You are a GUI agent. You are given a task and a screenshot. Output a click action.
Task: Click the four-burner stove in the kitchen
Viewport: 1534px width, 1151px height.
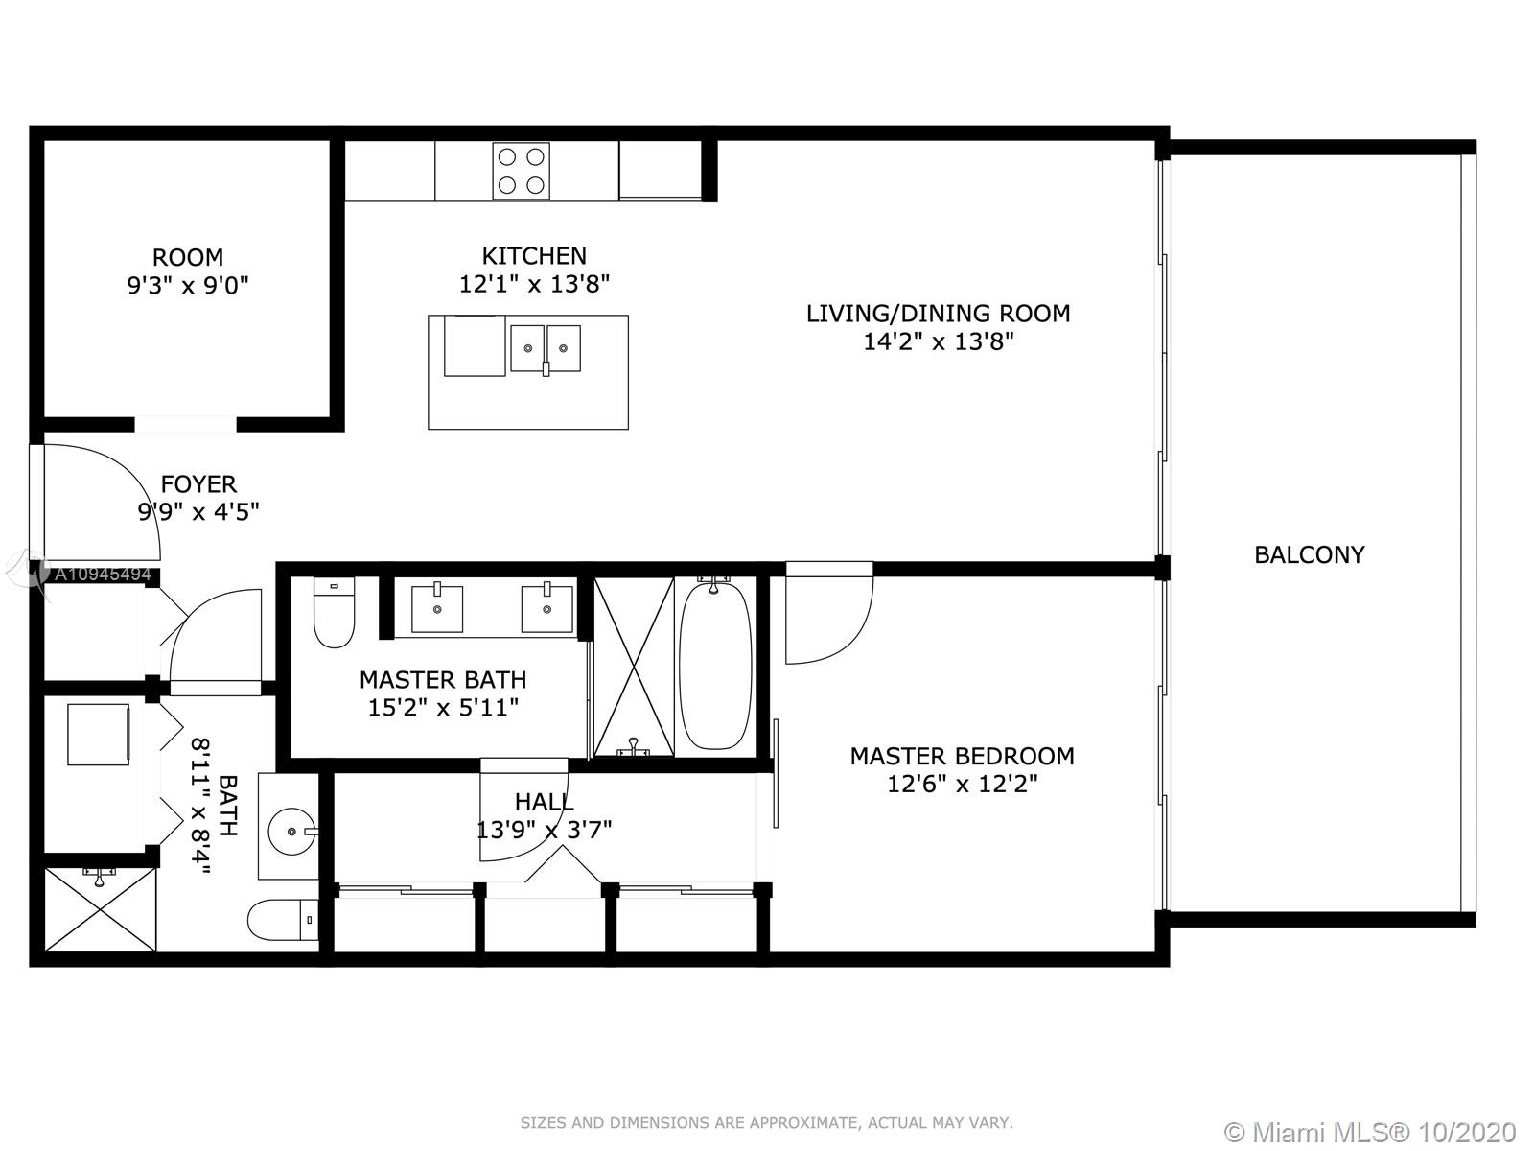521,172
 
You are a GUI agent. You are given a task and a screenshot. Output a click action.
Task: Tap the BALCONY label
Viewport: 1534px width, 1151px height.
1309,555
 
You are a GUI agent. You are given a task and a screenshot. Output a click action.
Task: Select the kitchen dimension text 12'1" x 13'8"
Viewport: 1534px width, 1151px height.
534,285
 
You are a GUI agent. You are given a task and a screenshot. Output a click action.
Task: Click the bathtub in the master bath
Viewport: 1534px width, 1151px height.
715,666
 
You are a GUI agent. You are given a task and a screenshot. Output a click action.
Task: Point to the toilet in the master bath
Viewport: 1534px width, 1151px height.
334,612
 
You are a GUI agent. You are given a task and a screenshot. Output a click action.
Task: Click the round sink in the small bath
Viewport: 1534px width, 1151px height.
292,832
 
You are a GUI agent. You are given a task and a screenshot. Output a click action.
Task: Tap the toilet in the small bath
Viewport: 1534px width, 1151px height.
283,920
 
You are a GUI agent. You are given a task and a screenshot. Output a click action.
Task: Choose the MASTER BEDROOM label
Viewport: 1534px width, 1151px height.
962,756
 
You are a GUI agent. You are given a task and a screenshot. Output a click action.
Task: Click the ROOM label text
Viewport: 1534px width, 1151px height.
188,258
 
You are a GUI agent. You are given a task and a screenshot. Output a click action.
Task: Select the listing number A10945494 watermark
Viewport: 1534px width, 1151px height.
103,575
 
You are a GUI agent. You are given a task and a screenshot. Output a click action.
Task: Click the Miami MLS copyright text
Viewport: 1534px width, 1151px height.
1371,1132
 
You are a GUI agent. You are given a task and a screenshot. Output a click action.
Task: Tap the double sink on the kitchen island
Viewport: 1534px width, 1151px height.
546,348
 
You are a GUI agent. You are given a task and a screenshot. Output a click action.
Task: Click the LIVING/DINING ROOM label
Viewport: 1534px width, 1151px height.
938,314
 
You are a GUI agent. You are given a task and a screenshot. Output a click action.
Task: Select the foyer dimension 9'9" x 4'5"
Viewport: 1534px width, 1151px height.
198,512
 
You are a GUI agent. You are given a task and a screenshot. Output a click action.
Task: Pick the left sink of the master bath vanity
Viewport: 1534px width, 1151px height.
437,609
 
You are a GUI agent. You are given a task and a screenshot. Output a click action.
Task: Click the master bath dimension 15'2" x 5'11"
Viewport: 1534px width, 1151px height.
443,708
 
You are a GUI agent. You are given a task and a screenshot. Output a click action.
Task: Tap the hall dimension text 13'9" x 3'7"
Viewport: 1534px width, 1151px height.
544,831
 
